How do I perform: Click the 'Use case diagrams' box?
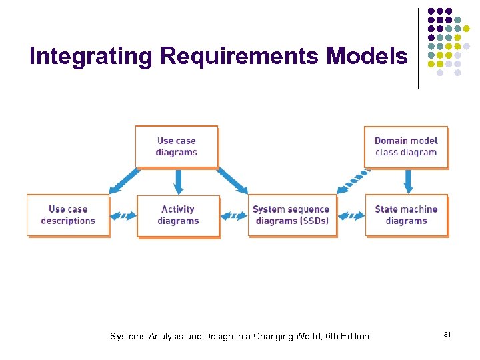click(x=177, y=147)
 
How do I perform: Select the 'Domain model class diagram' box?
click(x=406, y=147)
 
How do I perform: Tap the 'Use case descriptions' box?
click(x=68, y=215)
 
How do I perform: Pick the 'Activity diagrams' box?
click(x=178, y=215)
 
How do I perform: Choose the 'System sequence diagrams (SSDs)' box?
click(x=291, y=215)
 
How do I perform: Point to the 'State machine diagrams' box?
click(x=406, y=215)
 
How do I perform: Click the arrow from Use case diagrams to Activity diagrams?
click(x=178, y=181)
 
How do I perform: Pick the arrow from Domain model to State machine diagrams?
click(x=408, y=181)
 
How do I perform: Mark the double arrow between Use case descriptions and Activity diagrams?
click(x=123, y=216)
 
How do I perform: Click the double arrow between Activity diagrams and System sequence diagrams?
click(x=233, y=216)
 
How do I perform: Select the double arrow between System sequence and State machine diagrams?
click(x=351, y=216)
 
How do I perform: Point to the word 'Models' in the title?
click(x=367, y=57)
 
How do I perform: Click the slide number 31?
click(x=447, y=333)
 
